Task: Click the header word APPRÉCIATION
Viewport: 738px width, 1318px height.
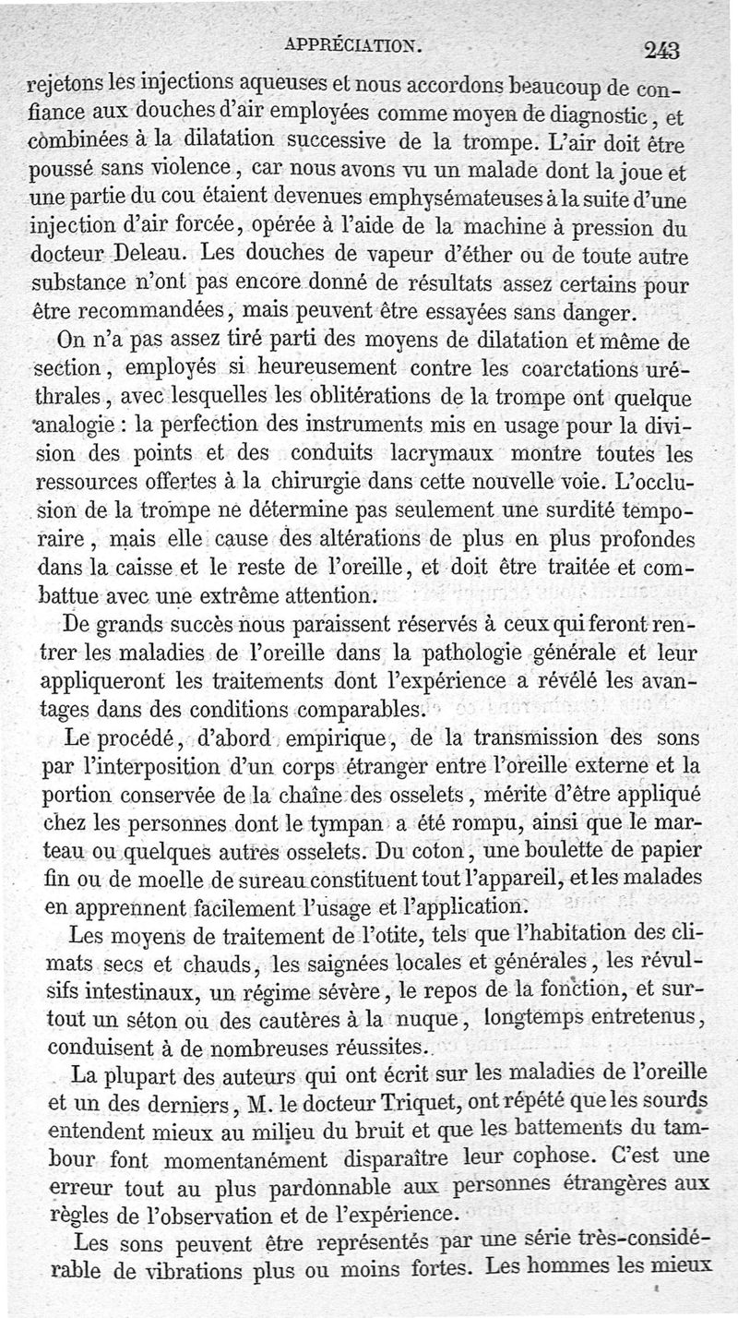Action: click(354, 43)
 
